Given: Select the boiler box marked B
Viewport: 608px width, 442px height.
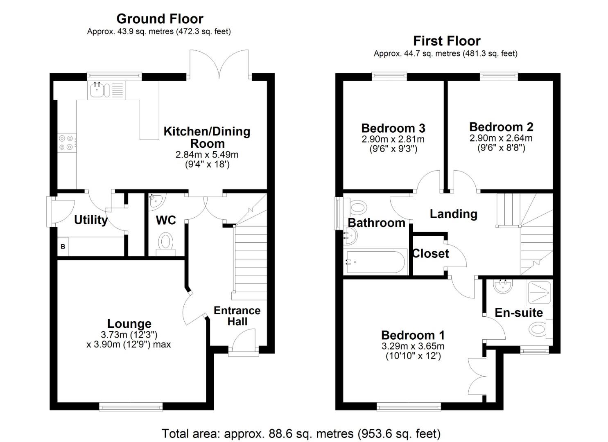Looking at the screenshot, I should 63,247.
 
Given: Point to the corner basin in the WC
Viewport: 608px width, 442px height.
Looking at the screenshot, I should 156,200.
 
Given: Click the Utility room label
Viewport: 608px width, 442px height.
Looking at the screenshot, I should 90,220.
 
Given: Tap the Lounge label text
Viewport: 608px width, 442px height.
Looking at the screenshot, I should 129,324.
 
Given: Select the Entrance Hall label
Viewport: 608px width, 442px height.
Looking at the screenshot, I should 237,316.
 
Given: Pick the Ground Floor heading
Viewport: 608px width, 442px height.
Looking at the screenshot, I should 160,19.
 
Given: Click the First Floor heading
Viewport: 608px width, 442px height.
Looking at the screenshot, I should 446,41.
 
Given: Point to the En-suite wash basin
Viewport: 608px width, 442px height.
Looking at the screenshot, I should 502,286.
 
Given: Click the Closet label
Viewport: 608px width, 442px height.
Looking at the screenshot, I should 430,254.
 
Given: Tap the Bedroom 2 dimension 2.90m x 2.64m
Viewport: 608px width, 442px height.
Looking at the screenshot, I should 501,138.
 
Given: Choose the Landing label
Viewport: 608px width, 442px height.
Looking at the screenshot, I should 453,214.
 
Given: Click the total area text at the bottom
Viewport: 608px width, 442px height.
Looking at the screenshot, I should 301,433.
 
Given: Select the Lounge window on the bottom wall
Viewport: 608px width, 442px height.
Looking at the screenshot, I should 131,406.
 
